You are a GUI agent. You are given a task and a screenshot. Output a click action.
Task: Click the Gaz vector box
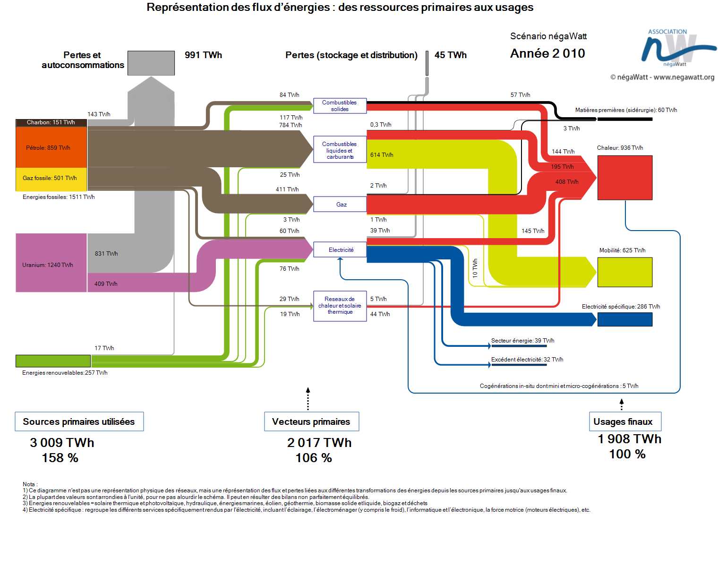click(x=340, y=204)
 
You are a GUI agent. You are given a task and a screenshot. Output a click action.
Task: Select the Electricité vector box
click(x=340, y=249)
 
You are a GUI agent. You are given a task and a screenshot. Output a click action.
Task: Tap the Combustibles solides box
click(x=340, y=105)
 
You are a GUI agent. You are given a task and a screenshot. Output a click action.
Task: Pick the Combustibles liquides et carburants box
click(x=340, y=149)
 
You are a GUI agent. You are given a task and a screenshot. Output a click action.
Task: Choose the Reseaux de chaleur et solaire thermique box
click(x=340, y=306)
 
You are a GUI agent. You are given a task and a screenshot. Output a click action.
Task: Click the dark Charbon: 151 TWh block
click(x=51, y=122)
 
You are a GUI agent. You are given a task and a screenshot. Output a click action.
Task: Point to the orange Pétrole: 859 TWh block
click(x=51, y=147)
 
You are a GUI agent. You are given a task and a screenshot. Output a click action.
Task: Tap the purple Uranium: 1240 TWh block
click(x=51, y=263)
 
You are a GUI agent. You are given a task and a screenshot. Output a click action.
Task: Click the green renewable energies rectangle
click(x=53, y=361)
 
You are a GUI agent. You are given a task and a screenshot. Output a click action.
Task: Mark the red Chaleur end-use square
click(x=624, y=178)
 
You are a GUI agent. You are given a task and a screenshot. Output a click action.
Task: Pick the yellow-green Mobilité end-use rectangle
click(x=624, y=272)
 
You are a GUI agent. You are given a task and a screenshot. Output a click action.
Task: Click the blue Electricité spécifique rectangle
click(x=624, y=319)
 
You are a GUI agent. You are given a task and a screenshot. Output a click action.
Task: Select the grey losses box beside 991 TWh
click(x=151, y=63)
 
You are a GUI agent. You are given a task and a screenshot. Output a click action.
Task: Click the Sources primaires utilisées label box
click(x=79, y=421)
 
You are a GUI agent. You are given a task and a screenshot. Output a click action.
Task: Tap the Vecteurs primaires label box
click(x=311, y=421)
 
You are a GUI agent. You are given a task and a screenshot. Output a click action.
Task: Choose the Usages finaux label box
click(x=625, y=421)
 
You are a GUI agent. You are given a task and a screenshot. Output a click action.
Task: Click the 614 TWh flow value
click(x=381, y=155)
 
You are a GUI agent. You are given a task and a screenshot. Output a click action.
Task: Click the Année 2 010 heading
click(x=547, y=53)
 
